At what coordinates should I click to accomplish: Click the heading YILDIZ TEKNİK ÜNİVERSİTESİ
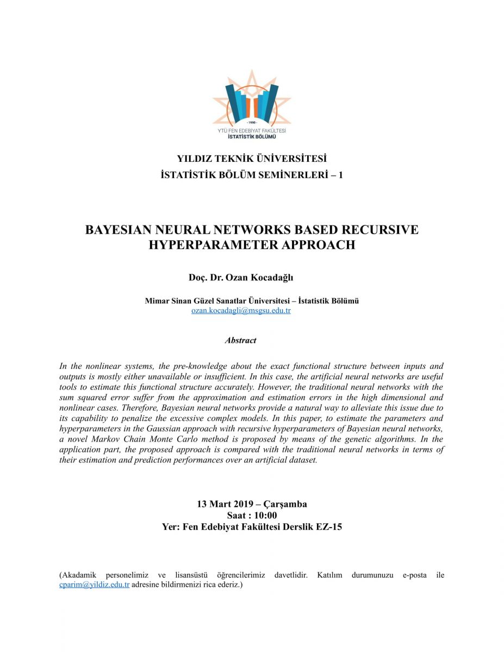point(252,159)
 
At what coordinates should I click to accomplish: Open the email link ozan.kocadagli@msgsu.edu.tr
point(241,311)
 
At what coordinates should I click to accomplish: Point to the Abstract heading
point(240,340)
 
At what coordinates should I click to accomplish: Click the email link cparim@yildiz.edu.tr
point(94,585)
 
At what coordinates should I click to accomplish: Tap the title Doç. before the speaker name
point(198,278)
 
